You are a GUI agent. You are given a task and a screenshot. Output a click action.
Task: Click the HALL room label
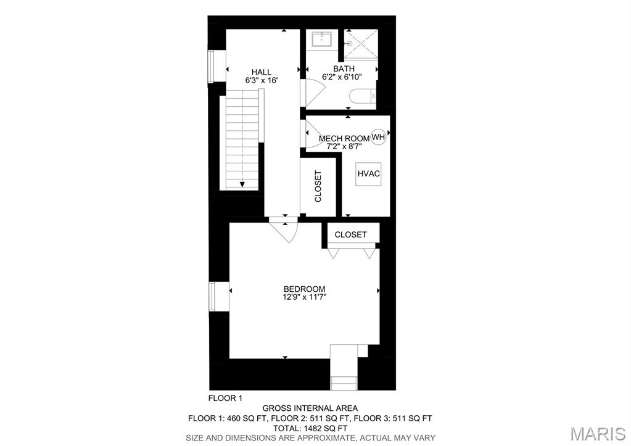tap(261, 72)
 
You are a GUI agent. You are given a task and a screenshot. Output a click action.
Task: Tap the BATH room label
tap(344, 68)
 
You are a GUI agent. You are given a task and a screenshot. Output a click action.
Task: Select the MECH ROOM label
tap(344, 138)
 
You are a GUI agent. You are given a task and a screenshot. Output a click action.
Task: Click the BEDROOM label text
tap(304, 289)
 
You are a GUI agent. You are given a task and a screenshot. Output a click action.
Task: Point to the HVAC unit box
tap(368, 174)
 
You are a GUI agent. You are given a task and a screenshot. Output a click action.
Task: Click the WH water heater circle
tap(378, 137)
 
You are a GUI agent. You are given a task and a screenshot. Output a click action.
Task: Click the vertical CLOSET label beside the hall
tap(318, 186)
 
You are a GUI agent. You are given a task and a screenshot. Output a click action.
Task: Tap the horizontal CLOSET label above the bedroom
tap(350, 234)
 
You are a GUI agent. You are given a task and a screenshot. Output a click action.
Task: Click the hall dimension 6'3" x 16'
tap(261, 80)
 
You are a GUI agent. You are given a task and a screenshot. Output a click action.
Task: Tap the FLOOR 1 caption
tap(225, 398)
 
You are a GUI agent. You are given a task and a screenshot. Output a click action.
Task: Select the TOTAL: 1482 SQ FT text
tap(310, 427)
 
